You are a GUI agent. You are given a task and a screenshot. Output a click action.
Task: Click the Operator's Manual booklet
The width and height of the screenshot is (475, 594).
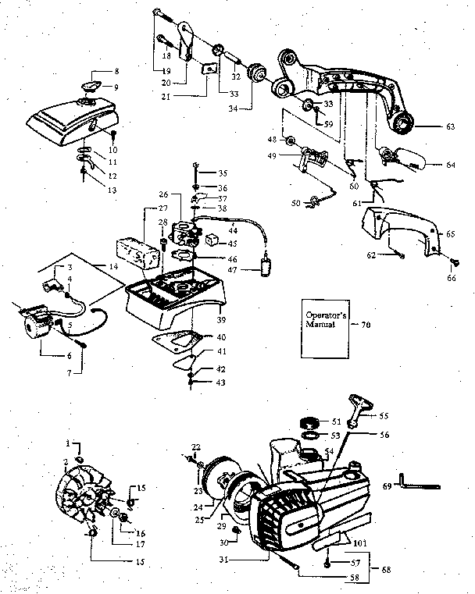click(x=324, y=322)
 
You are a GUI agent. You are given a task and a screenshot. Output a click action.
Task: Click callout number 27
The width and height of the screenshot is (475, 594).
click(x=163, y=208)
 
